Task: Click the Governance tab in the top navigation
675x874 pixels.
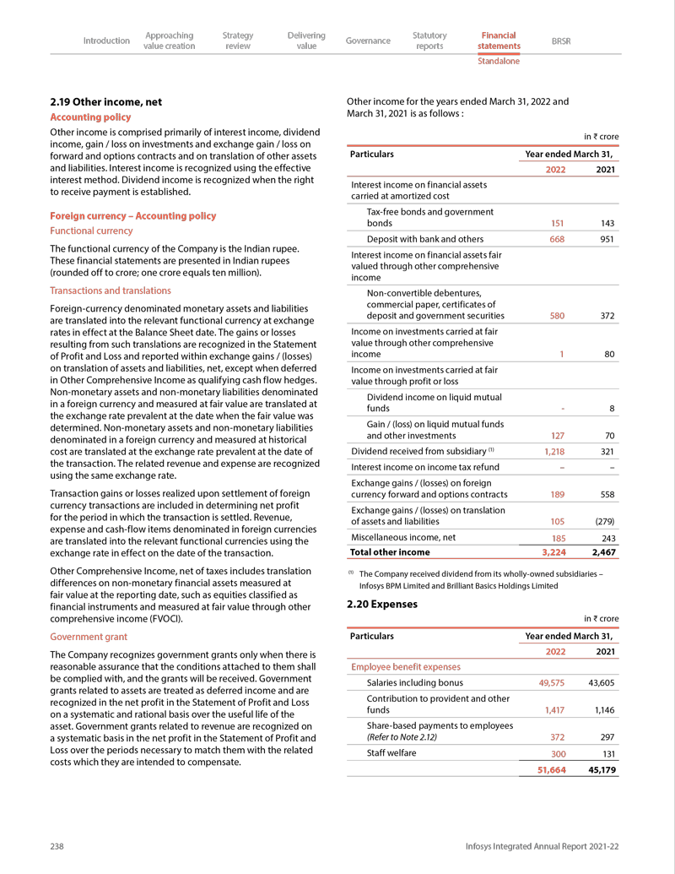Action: (368, 41)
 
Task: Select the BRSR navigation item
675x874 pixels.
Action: (560, 41)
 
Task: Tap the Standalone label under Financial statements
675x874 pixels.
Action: (499, 61)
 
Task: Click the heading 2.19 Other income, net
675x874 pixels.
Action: (106, 102)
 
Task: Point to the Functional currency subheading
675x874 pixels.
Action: (91, 231)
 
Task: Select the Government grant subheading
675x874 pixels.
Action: (89, 637)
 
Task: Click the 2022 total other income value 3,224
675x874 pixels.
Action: (553, 552)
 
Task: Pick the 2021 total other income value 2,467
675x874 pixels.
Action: (604, 552)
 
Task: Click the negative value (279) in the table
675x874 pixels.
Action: (602, 521)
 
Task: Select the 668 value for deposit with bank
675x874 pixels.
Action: (557, 239)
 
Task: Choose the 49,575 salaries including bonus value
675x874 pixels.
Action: (551, 683)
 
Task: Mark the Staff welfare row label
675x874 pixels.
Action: (391, 752)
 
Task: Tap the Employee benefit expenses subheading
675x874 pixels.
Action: (406, 667)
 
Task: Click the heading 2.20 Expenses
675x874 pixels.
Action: (382, 605)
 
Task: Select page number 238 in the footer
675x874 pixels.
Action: (57, 846)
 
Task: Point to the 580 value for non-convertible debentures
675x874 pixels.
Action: (557, 316)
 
